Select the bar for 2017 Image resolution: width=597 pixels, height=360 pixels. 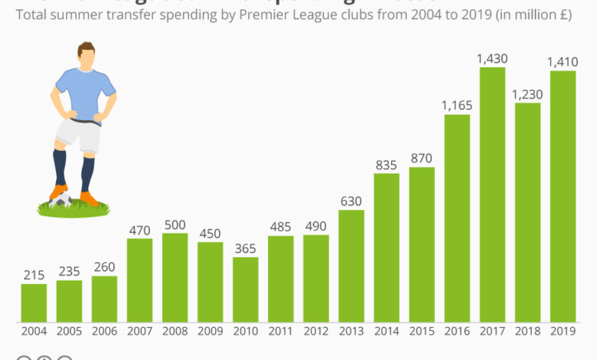(x=492, y=195)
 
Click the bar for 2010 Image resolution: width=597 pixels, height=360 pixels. (x=246, y=289)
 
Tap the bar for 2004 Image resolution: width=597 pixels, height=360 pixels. (x=34, y=303)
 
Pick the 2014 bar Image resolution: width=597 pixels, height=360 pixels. (x=387, y=247)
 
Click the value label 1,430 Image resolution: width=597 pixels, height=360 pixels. (x=492, y=58)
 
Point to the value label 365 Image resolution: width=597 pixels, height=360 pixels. (x=246, y=248)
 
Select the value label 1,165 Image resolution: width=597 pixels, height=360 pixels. (x=457, y=105)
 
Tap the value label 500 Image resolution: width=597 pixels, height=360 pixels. (x=175, y=224)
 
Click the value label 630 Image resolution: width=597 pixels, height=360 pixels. (x=351, y=201)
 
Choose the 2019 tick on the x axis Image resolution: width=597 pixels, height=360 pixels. (x=563, y=332)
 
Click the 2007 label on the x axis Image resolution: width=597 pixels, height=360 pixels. (x=139, y=332)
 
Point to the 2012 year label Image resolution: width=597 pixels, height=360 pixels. (x=316, y=332)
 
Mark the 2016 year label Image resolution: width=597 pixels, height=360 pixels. (x=457, y=332)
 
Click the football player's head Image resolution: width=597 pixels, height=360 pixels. (x=86, y=55)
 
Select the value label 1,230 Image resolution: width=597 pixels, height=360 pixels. (x=527, y=93)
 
